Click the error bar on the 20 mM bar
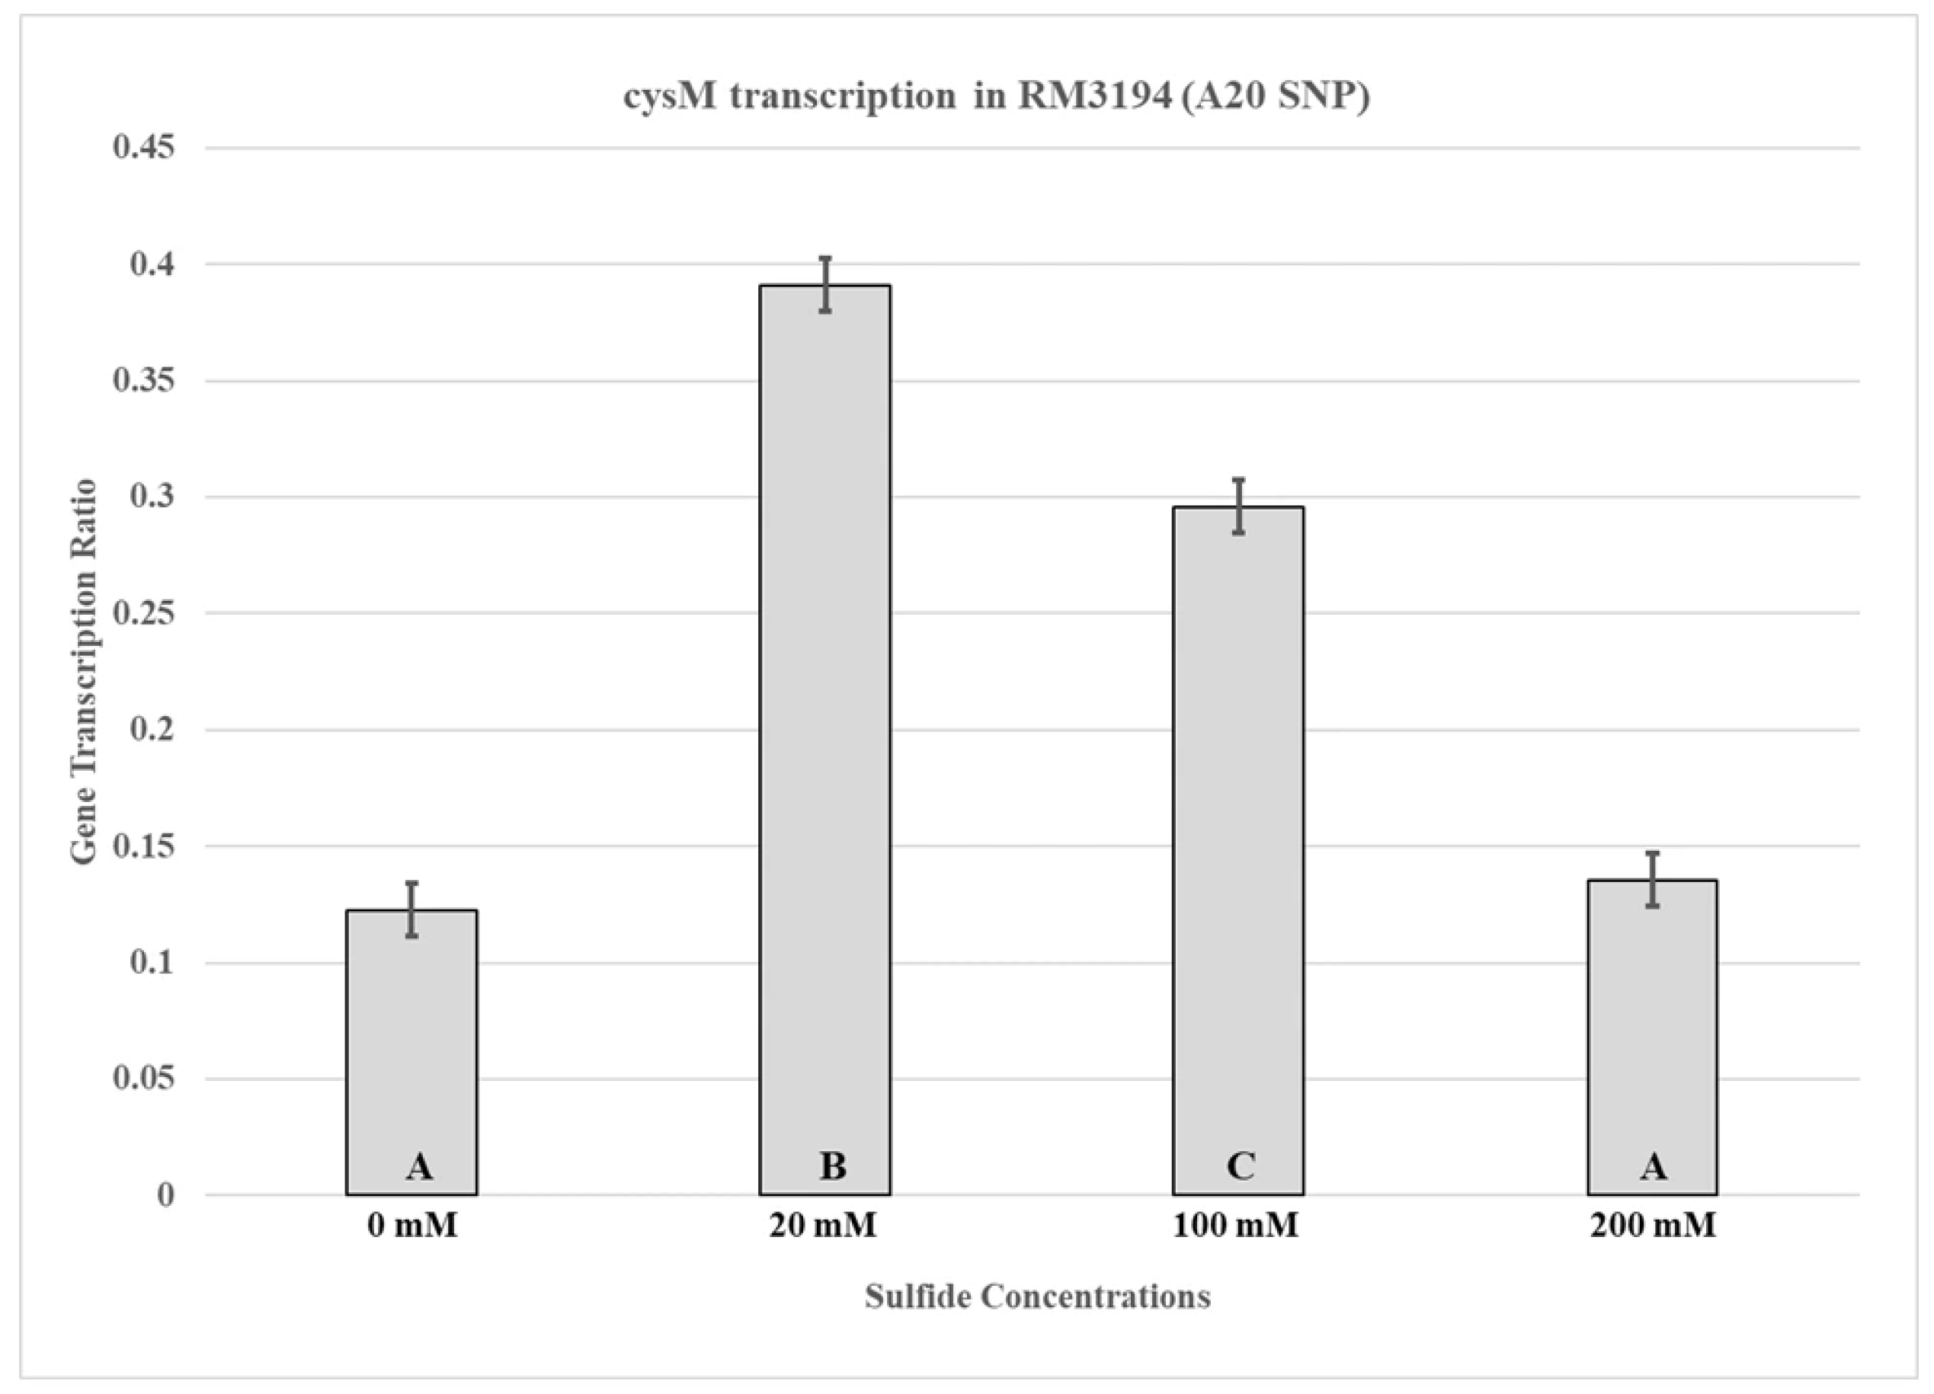tap(825, 284)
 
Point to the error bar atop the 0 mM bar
tap(411, 910)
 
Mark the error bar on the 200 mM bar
tap(1652, 879)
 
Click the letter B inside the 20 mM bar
tap(832, 1165)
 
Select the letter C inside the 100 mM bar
tap(1240, 1165)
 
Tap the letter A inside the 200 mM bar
tap(1653, 1165)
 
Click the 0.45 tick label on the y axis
tap(143, 147)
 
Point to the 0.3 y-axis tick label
tap(152, 495)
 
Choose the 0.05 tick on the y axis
tap(143, 1078)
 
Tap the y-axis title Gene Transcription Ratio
tap(84, 672)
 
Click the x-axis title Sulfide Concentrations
tap(1037, 1296)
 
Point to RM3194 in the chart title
tap(1094, 95)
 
